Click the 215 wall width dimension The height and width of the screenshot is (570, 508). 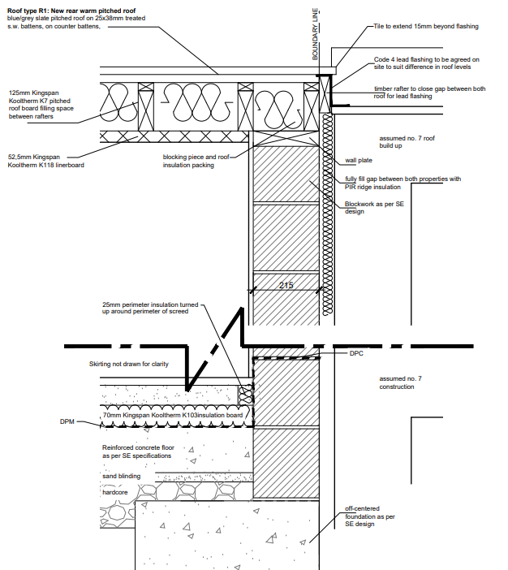[286, 285]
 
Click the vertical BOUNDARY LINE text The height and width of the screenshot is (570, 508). [315, 34]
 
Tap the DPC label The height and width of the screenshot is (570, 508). [356, 353]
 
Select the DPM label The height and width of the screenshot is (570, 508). [67, 421]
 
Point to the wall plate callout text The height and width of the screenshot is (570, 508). [359, 160]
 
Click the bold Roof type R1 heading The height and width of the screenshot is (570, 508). [71, 11]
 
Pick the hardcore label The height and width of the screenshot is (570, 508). [114, 492]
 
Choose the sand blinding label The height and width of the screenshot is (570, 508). [122, 476]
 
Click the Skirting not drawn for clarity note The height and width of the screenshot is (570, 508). [129, 364]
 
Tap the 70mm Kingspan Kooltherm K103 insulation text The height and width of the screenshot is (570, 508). [173, 415]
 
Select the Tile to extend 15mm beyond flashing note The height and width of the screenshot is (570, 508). [426, 26]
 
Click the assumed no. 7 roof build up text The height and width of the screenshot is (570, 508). [407, 142]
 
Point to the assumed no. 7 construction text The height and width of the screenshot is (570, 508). [400, 382]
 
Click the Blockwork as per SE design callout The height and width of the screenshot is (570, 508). [374, 208]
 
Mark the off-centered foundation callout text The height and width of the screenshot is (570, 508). [370, 516]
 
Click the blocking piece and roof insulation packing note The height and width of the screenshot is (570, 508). [196, 161]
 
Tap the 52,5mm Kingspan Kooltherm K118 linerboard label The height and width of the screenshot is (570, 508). [45, 161]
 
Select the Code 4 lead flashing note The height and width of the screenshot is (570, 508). [427, 63]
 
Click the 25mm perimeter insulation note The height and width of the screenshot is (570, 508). [150, 308]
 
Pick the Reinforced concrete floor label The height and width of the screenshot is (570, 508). [138, 451]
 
